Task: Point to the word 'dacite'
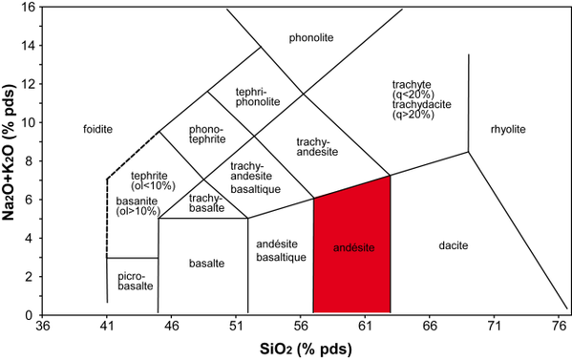point(453,246)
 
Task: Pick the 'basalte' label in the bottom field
point(202,263)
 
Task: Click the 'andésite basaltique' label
point(281,251)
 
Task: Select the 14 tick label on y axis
point(25,45)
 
